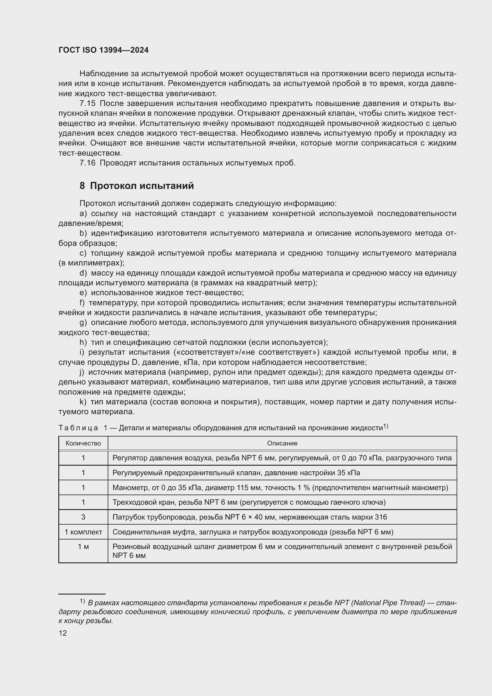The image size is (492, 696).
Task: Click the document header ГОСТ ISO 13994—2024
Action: coord(103,50)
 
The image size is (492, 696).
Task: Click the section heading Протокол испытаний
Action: coord(142,186)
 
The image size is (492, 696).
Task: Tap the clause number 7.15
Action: coord(87,103)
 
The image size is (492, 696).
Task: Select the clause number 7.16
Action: coord(87,163)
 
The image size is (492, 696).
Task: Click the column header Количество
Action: coord(83,443)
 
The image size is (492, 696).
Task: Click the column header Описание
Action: coord(282,443)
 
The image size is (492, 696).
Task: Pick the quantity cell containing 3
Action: coord(83,517)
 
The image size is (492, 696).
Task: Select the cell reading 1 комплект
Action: coord(83,532)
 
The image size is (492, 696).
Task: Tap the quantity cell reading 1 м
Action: coord(83,547)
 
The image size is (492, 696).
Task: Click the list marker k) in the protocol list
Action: coord(83,402)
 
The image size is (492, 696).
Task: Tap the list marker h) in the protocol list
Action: coord(83,342)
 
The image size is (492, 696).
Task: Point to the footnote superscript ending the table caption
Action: coord(386,426)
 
